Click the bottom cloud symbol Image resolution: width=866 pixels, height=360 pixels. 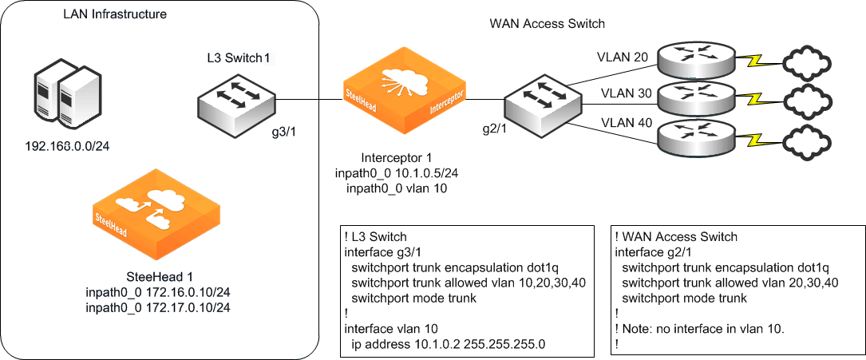810,140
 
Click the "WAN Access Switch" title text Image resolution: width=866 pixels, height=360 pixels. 548,23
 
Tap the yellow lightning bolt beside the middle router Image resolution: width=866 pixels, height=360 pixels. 753,100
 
